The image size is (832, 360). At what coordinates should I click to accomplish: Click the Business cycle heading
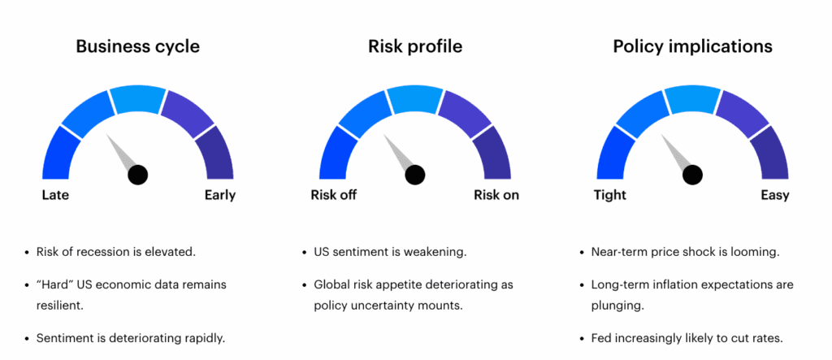point(138,46)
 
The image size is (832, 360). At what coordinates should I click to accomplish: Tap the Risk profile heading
point(415,46)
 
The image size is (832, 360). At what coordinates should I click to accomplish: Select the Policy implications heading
point(692,46)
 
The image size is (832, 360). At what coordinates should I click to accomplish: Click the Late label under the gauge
point(55,195)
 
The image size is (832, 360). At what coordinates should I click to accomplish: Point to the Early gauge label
point(219,196)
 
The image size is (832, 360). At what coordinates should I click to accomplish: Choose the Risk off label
point(333,195)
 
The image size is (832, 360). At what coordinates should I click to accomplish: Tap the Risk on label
point(496,195)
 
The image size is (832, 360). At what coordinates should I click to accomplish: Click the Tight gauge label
point(610,196)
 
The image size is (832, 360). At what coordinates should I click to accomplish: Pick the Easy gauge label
point(774,196)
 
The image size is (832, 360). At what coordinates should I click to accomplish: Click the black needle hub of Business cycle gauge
point(138,175)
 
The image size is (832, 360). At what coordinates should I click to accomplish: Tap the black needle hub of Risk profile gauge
point(415,175)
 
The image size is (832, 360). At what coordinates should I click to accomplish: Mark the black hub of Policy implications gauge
point(692,175)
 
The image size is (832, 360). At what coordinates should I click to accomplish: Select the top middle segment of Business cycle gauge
point(138,99)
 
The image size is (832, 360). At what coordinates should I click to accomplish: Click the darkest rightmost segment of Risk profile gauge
point(493,153)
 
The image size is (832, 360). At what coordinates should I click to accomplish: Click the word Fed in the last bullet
point(600,338)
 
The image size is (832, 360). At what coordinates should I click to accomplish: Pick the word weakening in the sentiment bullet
point(440,252)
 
